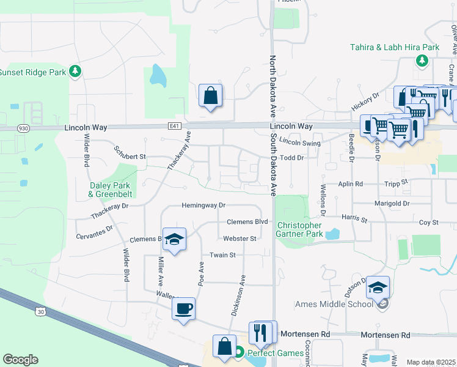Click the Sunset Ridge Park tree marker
click(75, 72)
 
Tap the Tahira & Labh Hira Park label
click(395, 47)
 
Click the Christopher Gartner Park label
click(299, 229)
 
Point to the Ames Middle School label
click(334, 304)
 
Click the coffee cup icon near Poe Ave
click(183, 308)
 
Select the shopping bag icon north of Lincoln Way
click(210, 95)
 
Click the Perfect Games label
click(274, 353)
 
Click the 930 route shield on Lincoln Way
click(23, 128)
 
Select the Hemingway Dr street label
click(204, 206)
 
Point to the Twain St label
click(222, 254)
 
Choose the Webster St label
click(240, 238)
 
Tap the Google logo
click(21, 360)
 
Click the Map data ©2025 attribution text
click(431, 362)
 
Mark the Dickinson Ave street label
click(238, 295)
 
